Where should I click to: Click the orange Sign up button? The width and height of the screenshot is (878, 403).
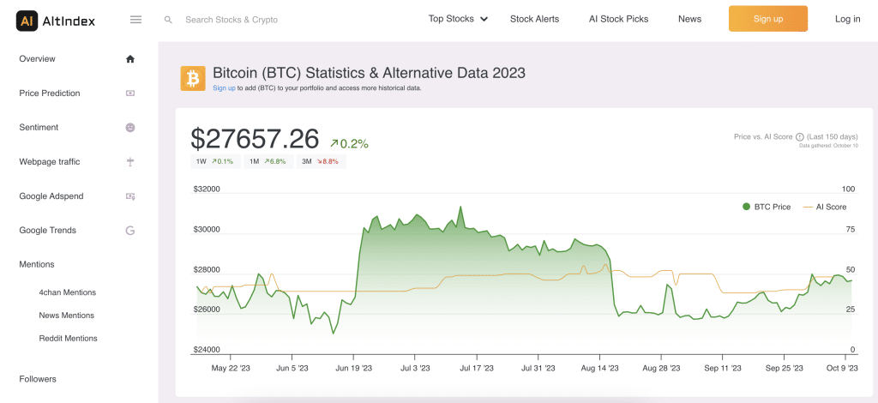(x=767, y=19)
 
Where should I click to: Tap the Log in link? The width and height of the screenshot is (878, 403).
(x=847, y=19)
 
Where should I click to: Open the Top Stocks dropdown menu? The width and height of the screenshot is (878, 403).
(x=458, y=19)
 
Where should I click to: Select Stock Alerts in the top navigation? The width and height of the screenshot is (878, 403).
(x=533, y=19)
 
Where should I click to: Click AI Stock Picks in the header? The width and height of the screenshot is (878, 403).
(x=618, y=19)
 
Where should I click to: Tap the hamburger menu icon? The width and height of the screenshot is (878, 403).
(x=135, y=19)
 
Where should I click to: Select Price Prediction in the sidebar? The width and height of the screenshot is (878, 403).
(x=50, y=93)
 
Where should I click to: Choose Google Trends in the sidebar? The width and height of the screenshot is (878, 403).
(x=48, y=231)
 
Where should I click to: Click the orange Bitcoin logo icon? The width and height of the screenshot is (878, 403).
(x=193, y=78)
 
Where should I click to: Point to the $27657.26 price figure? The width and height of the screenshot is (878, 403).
(x=255, y=139)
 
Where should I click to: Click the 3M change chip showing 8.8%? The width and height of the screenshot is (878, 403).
(x=321, y=161)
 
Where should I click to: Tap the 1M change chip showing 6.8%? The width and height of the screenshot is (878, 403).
(x=268, y=161)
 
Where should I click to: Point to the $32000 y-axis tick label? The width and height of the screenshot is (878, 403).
(x=206, y=189)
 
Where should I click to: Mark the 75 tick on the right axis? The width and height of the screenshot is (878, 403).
(x=850, y=229)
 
